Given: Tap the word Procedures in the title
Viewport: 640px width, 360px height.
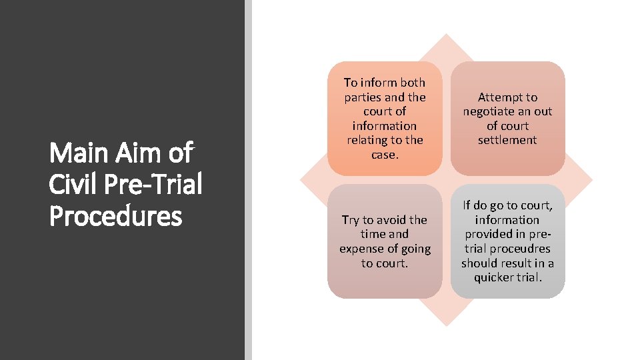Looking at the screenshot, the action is click(115, 215).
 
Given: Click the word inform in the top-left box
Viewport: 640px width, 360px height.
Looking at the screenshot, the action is click(381, 83).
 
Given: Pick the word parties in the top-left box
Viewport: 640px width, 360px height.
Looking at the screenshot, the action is click(362, 97).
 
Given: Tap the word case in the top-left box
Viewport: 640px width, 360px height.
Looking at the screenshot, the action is click(383, 154).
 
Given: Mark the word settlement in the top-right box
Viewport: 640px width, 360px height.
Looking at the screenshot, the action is click(507, 140).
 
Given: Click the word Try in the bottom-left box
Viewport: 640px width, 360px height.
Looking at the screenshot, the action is click(351, 220).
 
